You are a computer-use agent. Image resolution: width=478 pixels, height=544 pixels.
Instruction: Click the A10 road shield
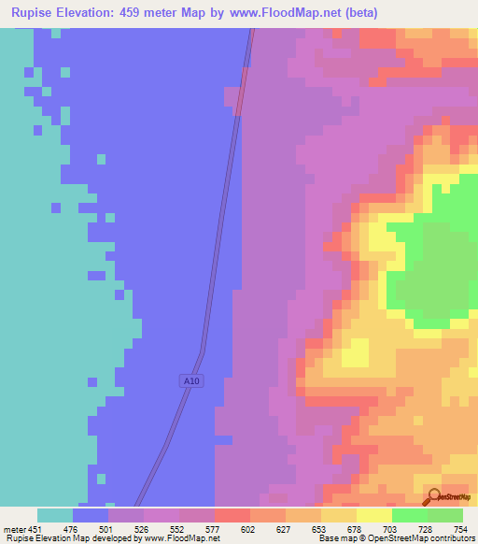pyautogui.click(x=190, y=381)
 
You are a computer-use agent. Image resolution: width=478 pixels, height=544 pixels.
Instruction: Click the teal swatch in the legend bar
pyautogui.click(x=55, y=515)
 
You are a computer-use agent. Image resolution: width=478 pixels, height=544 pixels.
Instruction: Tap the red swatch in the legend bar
pyautogui.click(x=232, y=515)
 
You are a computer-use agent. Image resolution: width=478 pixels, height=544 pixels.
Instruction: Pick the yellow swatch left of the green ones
pyautogui.click(x=373, y=515)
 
